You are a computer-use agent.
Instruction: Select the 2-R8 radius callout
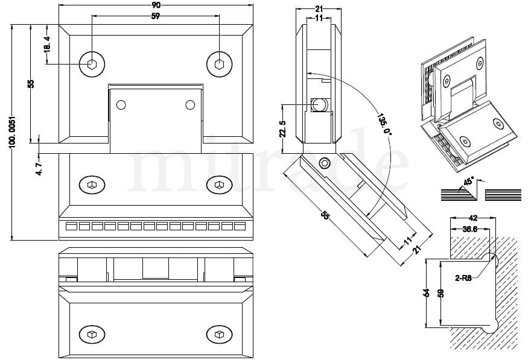click(x=465, y=279)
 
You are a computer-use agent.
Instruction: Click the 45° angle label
click(x=468, y=182)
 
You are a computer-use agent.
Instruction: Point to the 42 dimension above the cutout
click(x=472, y=219)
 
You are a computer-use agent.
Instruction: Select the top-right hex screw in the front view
click(x=219, y=63)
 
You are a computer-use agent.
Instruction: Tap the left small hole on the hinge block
click(x=121, y=105)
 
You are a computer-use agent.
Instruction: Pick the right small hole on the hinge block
click(x=190, y=105)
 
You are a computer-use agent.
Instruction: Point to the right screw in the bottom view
click(x=218, y=333)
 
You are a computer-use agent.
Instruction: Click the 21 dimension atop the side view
click(x=320, y=9)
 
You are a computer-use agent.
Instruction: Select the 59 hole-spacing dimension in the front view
click(x=156, y=16)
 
